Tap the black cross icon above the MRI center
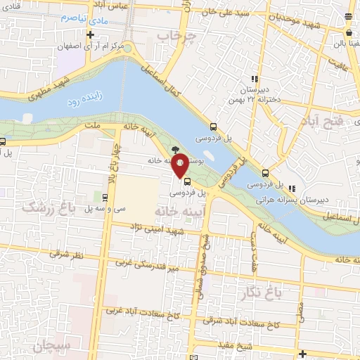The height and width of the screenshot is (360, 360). tap(91, 34)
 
